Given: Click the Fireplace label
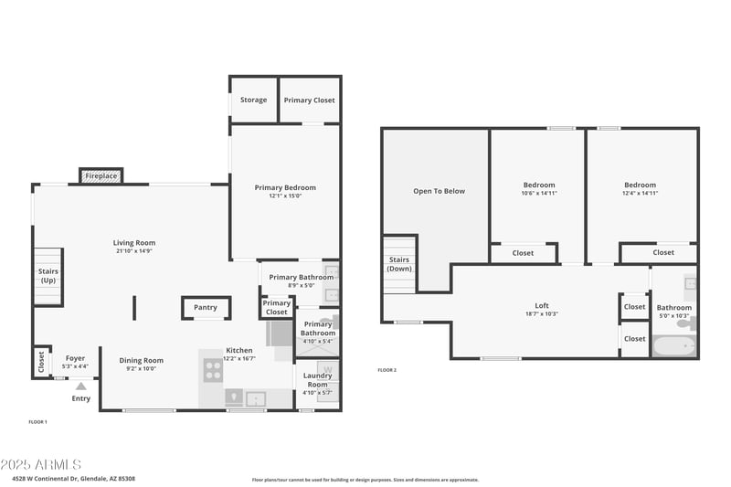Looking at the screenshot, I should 101,175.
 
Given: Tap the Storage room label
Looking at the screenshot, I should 253,100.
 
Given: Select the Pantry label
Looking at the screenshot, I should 205,308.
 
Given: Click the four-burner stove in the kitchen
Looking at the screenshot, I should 212,369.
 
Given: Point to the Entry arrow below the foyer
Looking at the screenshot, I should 80,386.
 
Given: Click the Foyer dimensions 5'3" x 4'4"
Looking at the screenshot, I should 75,366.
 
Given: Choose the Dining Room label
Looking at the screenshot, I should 142,360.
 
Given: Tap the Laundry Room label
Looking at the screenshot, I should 317,379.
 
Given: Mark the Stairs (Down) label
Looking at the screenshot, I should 398,264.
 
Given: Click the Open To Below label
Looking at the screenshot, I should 439,191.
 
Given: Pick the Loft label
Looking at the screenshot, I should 542,305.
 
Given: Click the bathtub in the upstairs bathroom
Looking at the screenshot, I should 674,346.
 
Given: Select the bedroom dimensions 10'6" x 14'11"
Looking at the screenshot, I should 539,193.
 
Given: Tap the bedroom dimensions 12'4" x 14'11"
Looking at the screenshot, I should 640,193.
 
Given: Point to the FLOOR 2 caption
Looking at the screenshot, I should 387,370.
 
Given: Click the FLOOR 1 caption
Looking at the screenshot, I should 37,421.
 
